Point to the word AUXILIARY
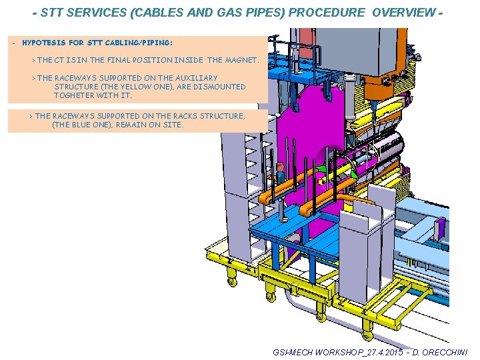(194, 78)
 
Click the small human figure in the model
(280, 174)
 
